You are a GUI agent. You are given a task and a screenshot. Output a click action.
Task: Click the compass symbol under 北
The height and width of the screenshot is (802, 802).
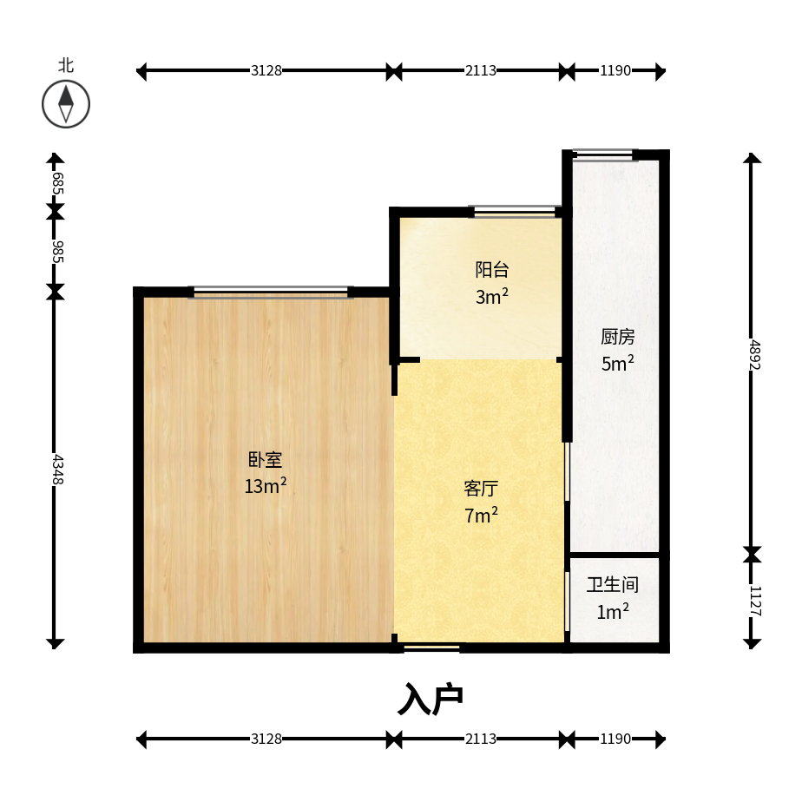click(66, 104)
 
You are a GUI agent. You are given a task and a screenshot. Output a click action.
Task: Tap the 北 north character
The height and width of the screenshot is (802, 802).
click(66, 65)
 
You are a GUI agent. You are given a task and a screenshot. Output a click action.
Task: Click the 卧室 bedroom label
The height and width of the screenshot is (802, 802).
click(265, 459)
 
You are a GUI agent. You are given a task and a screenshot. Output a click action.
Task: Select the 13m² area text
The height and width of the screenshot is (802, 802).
click(265, 485)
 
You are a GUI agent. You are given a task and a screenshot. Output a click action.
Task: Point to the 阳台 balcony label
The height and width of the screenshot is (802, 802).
click(492, 270)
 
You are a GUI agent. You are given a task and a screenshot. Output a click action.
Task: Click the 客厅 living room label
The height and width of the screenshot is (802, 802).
click(481, 489)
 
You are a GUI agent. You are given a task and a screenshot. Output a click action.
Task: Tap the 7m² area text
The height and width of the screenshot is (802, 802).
click(481, 515)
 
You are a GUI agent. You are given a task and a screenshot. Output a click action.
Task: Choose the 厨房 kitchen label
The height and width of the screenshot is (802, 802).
click(617, 337)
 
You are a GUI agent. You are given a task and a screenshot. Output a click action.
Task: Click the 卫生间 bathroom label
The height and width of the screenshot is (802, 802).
click(612, 584)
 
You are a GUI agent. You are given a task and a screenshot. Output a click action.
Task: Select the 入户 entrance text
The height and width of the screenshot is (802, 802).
click(431, 699)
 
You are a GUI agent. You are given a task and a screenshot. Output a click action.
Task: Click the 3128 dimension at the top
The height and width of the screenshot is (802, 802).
click(266, 70)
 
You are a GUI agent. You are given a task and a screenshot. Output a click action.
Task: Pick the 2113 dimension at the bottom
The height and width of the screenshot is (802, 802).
click(480, 739)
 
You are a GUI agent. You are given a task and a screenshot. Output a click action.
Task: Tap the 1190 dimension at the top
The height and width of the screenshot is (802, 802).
click(615, 70)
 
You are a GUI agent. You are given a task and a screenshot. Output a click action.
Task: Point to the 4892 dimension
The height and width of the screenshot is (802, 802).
click(754, 354)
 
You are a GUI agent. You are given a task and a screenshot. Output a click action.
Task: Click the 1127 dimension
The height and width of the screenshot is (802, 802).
click(754, 601)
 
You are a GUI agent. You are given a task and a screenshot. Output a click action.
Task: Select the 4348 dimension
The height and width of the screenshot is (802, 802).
click(58, 469)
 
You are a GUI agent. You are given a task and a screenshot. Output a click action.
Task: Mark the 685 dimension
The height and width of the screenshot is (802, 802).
click(58, 183)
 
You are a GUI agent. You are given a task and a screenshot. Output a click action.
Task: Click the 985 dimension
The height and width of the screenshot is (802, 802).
click(58, 252)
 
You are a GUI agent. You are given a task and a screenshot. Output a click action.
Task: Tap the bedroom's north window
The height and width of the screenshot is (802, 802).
click(271, 292)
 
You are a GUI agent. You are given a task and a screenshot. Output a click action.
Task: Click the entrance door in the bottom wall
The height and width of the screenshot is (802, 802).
click(431, 648)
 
